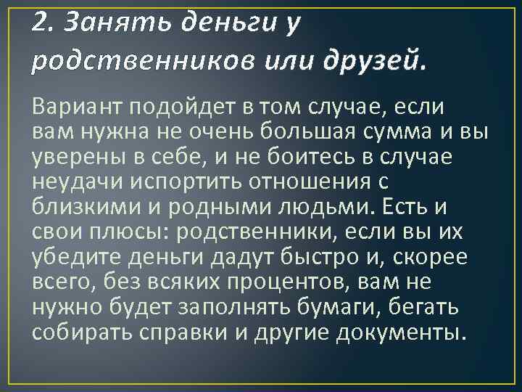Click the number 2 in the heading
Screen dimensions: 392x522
point(39,25)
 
